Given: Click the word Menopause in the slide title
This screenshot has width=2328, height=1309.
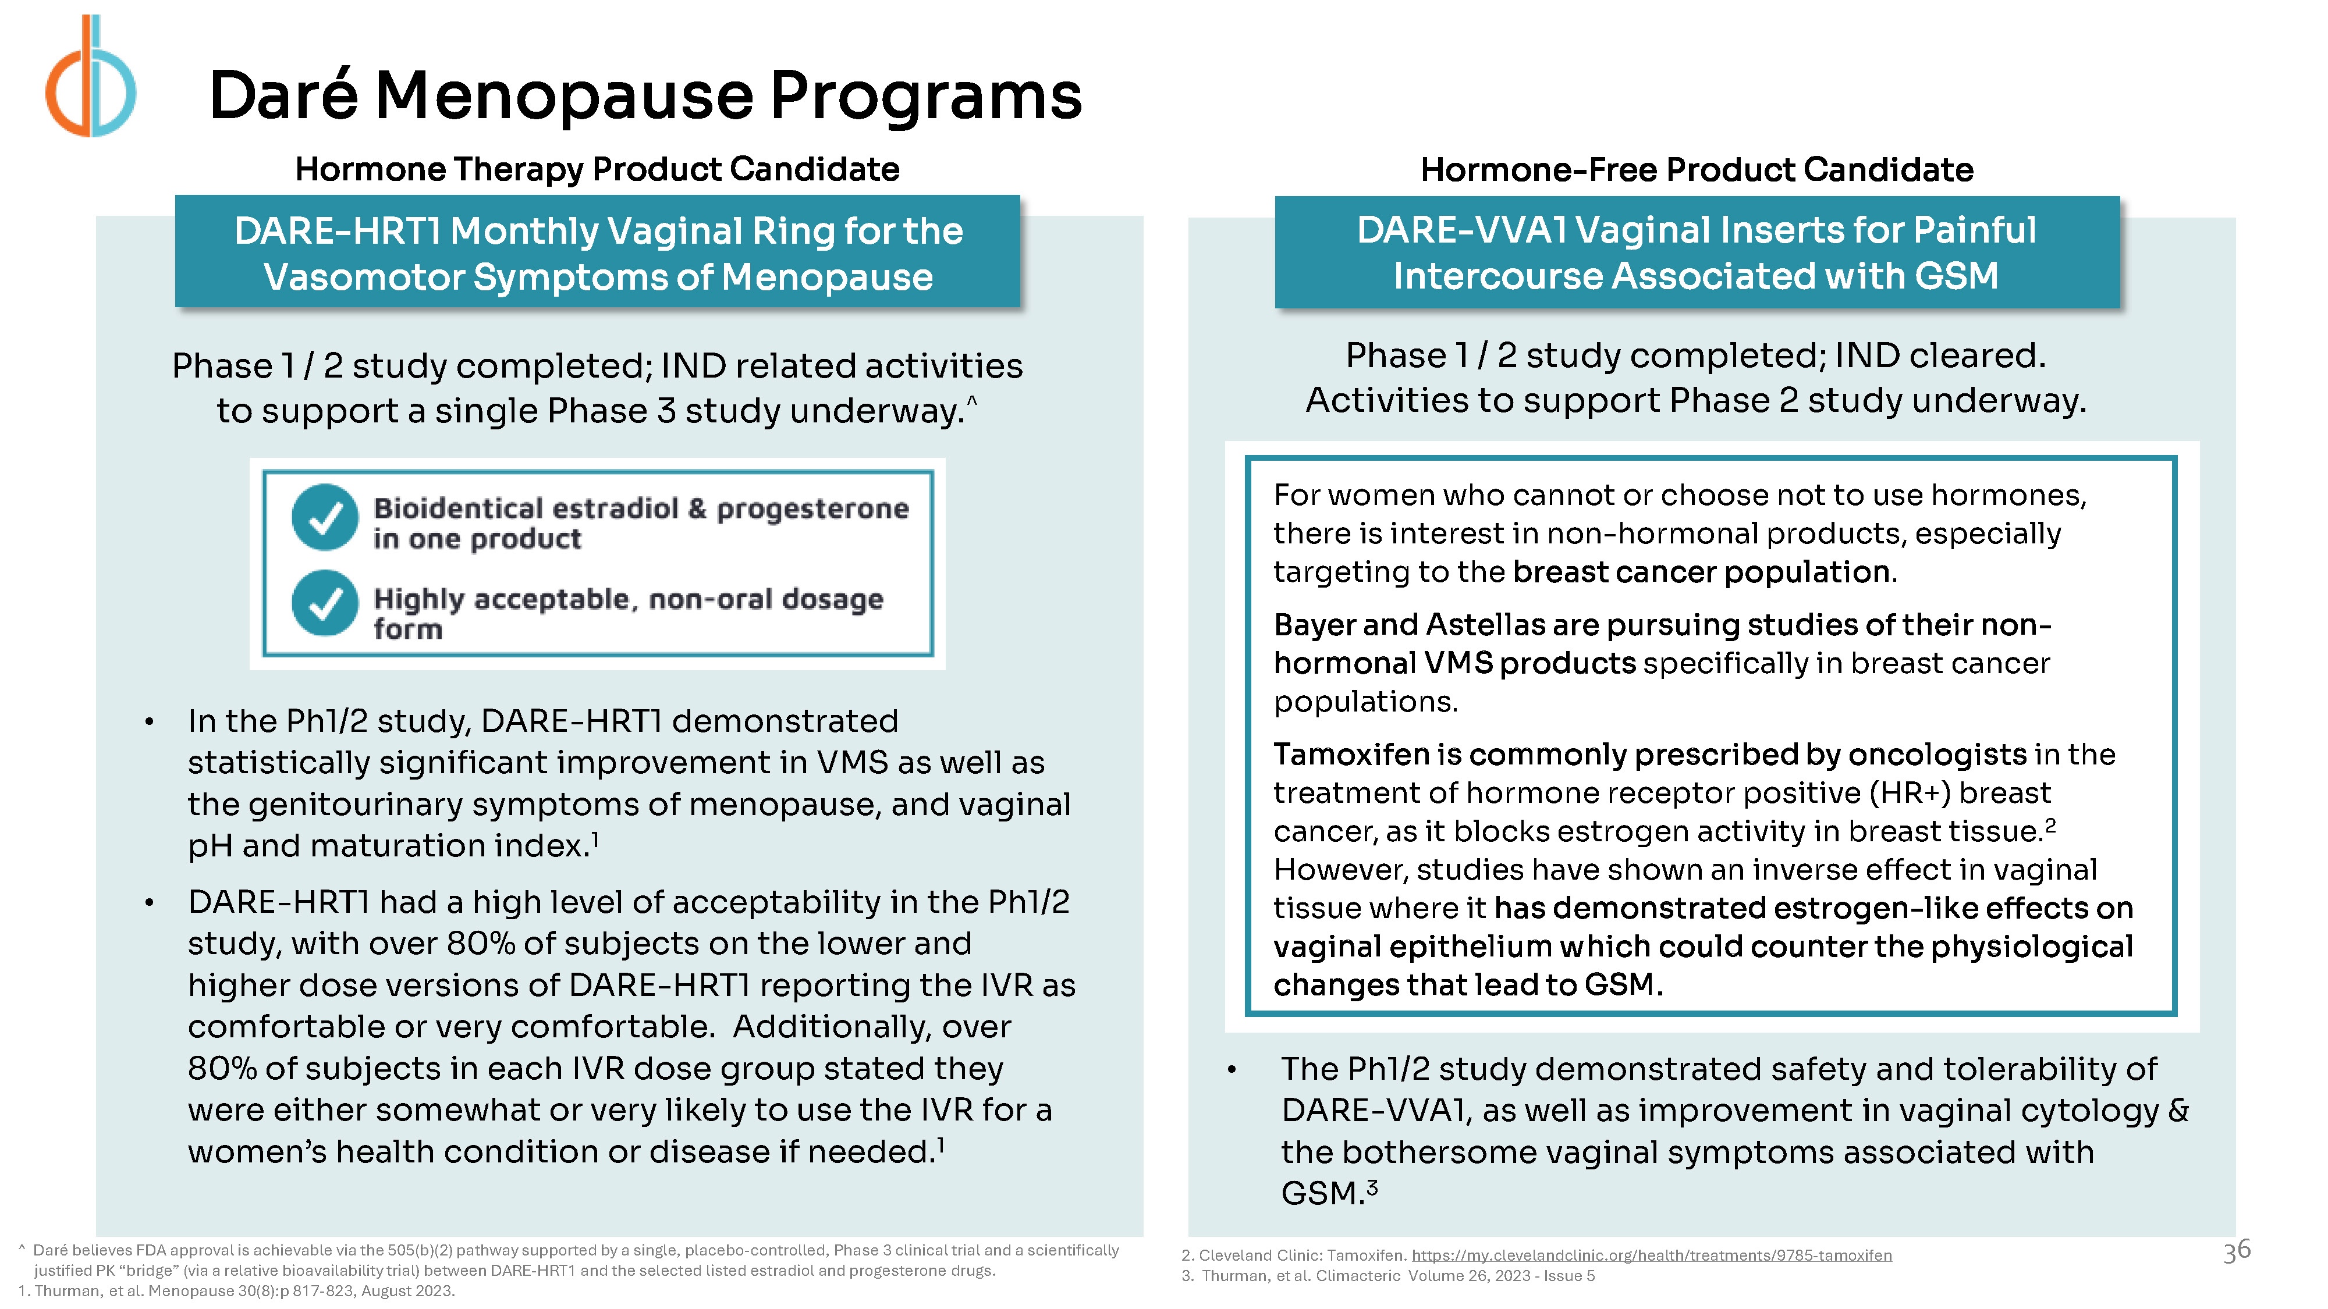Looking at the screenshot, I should click(x=564, y=97).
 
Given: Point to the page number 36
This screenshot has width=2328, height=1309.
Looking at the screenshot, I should click(x=2237, y=1251).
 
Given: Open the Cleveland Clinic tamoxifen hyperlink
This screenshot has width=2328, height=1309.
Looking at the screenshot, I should click(x=1651, y=1255).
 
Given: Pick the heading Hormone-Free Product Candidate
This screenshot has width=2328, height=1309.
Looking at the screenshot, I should click(x=1697, y=170).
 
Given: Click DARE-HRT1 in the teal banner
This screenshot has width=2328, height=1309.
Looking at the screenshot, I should click(x=337, y=232).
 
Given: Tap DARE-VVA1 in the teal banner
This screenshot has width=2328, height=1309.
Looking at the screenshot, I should click(x=1462, y=230).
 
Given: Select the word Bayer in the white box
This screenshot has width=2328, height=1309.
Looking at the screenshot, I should click(x=1313, y=625).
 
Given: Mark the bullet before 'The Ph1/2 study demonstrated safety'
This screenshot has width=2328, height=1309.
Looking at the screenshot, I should click(x=1231, y=1070).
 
